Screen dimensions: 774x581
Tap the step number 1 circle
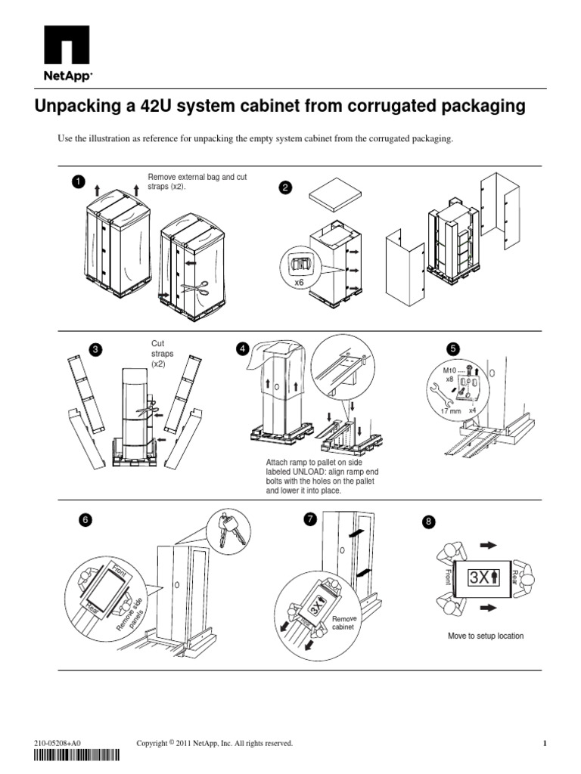[x=77, y=181]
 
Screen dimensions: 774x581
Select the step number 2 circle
[x=285, y=188]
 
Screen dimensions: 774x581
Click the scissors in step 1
[x=194, y=288]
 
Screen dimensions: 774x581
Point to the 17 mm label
[x=452, y=410]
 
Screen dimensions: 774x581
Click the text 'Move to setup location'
[x=486, y=636]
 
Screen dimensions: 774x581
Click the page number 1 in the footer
[x=544, y=744]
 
